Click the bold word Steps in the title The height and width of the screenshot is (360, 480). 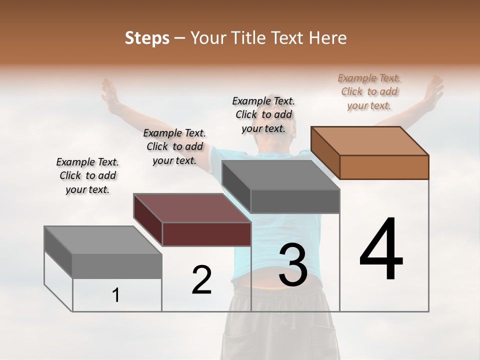(x=147, y=38)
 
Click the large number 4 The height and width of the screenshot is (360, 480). (x=381, y=250)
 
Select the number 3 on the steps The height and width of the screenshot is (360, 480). (x=293, y=265)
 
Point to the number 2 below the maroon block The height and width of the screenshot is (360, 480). (x=201, y=280)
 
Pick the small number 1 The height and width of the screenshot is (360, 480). (x=115, y=295)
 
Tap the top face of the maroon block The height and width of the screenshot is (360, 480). (x=192, y=207)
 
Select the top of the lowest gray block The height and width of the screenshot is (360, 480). (x=103, y=240)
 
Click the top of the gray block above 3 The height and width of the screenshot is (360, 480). (x=281, y=174)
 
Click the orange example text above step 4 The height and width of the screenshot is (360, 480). (x=369, y=91)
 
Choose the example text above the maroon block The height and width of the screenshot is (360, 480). (x=174, y=146)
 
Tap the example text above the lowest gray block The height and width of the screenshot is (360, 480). (x=87, y=175)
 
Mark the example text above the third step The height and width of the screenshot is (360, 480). (x=263, y=114)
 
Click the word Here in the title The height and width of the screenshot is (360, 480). (x=328, y=38)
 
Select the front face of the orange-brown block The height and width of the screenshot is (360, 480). (x=384, y=167)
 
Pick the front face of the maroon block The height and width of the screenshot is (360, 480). (x=206, y=234)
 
